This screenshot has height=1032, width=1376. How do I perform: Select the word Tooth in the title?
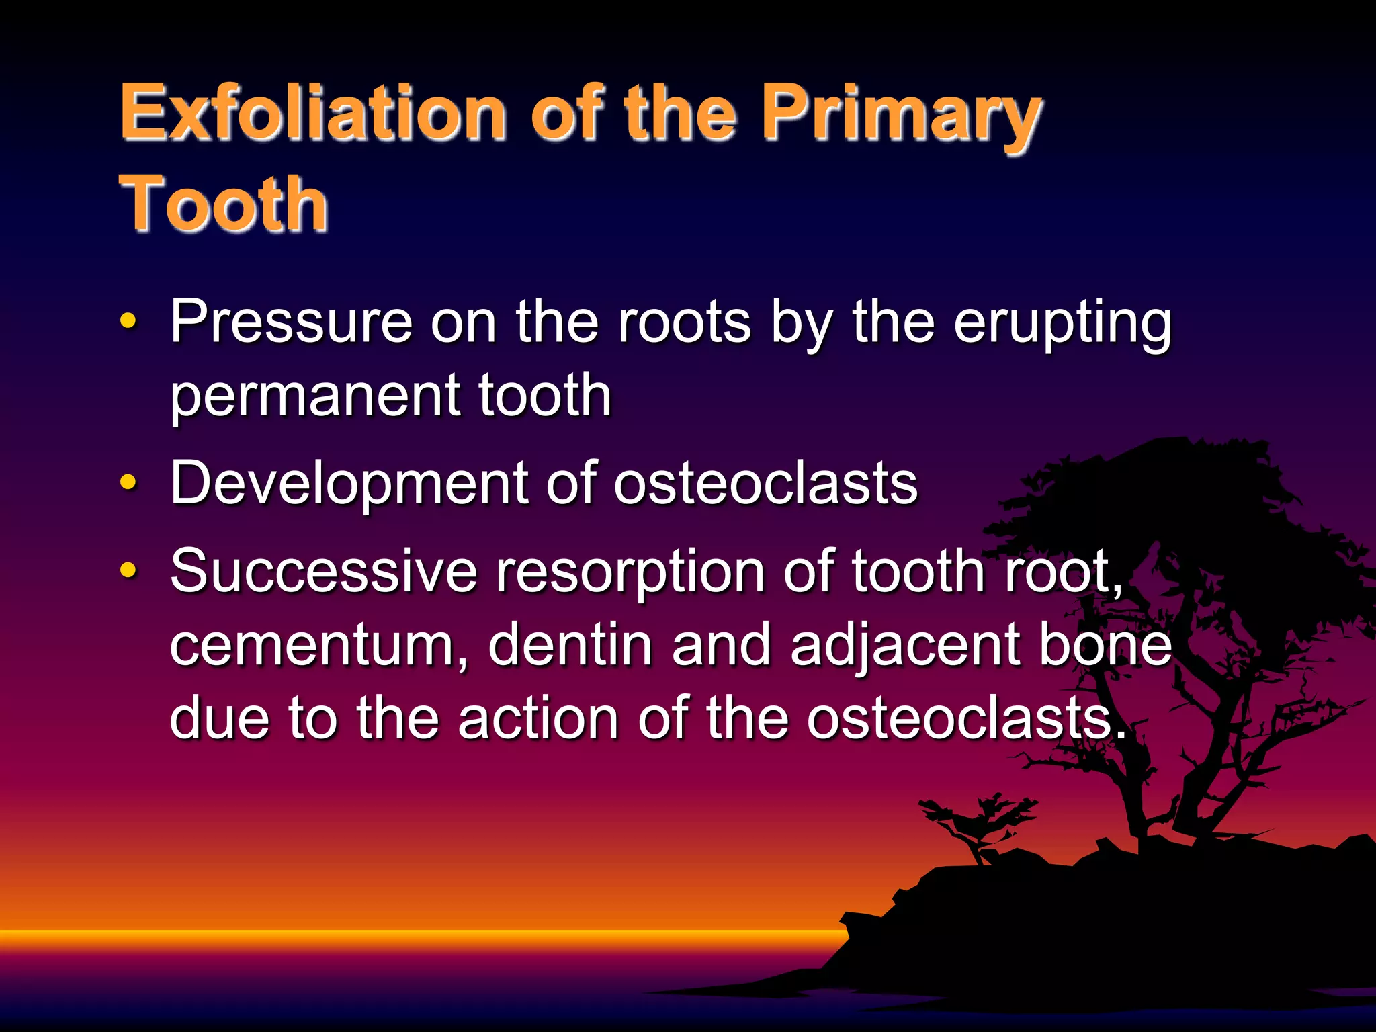tap(224, 204)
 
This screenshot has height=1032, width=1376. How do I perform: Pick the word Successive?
tap(323, 572)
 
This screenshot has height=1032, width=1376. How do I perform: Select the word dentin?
tap(570, 645)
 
